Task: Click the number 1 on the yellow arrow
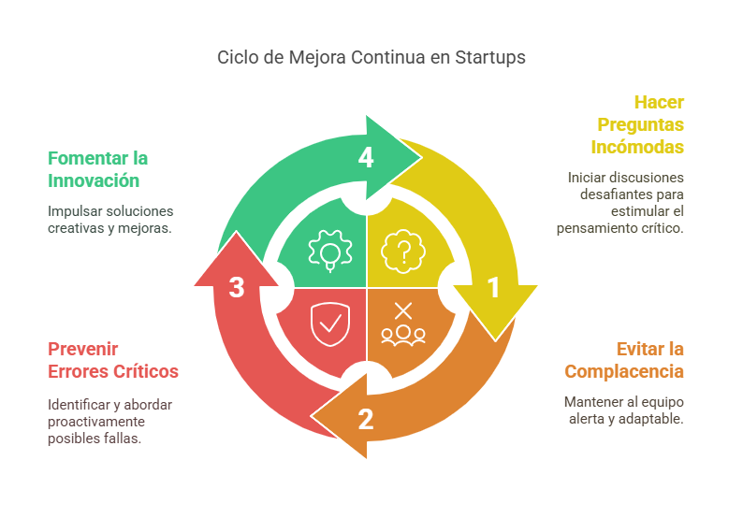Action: pyautogui.click(x=494, y=288)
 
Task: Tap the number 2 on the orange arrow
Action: pyautogui.click(x=366, y=419)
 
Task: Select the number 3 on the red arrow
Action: pyautogui.click(x=237, y=287)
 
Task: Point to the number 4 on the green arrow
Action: pyautogui.click(x=366, y=157)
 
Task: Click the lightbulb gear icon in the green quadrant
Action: pyautogui.click(x=330, y=251)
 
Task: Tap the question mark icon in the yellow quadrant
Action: pyautogui.click(x=403, y=252)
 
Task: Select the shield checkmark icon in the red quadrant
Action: pyautogui.click(x=330, y=324)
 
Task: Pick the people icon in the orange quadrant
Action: pyautogui.click(x=403, y=335)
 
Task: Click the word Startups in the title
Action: pyautogui.click(x=490, y=58)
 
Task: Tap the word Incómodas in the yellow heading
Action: pyautogui.click(x=637, y=147)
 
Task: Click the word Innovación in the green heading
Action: pyautogui.click(x=94, y=180)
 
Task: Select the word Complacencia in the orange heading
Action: pyautogui.click(x=624, y=372)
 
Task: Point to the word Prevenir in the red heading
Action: pyautogui.click(x=83, y=349)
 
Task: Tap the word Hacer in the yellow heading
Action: pyautogui.click(x=659, y=102)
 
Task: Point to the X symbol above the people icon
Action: pyautogui.click(x=403, y=311)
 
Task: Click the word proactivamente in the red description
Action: pyautogui.click(x=96, y=422)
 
